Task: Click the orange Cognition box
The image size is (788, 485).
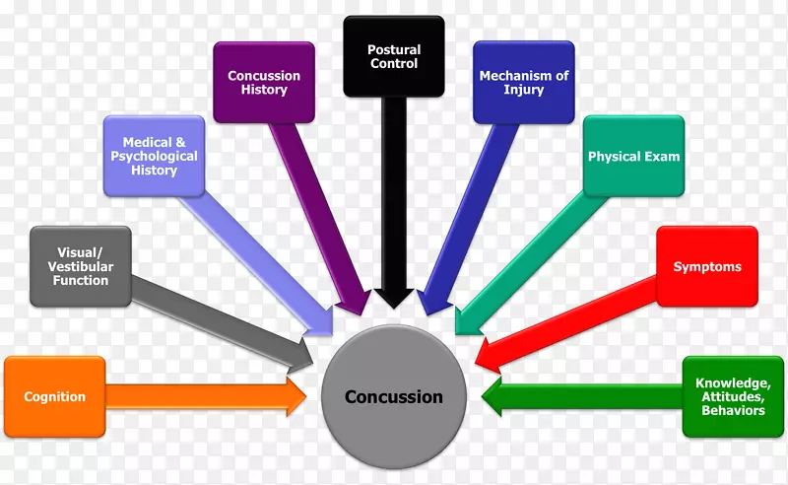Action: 55,396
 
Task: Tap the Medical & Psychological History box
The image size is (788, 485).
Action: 155,156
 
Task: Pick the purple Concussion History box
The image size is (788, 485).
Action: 264,83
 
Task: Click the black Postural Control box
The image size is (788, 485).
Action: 393,56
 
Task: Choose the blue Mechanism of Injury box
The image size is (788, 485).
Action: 524,83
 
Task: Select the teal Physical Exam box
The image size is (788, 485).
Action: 633,156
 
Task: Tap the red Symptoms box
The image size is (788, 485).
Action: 707,267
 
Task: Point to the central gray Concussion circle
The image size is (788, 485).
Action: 393,397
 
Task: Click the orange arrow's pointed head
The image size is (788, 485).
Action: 295,396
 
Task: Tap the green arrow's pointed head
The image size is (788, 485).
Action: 493,397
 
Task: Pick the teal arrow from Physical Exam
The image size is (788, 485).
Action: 532,257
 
